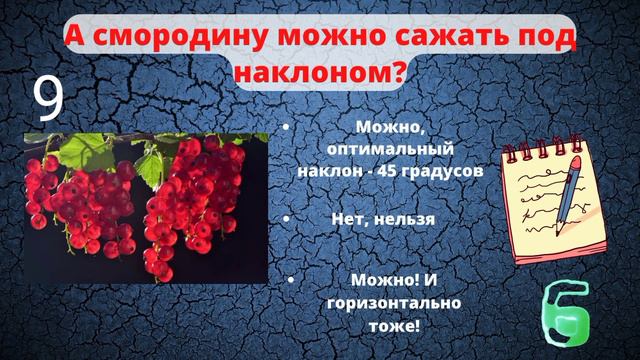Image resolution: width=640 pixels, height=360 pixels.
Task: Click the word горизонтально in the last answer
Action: coord(391,302)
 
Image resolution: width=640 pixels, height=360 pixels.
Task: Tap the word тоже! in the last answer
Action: coord(391,324)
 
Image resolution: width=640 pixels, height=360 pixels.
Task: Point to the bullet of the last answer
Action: coord(290,281)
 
